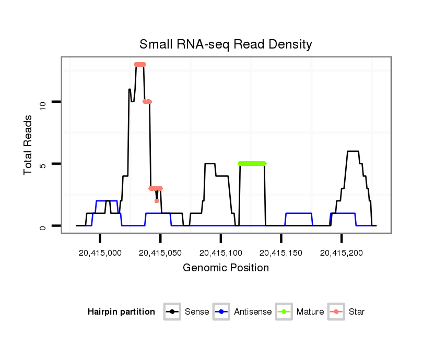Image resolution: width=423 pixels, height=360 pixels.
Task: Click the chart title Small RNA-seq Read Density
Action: (226, 44)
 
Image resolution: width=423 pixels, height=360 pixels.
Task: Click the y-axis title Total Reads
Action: (29, 145)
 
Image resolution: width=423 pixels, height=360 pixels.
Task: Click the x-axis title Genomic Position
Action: (226, 268)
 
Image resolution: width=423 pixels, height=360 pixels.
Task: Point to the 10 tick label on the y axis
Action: (43, 102)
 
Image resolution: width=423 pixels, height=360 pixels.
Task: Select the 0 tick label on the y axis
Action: (43, 226)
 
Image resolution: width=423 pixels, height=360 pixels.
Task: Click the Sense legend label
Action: (197, 312)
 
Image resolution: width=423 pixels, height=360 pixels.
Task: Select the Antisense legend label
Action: (253, 312)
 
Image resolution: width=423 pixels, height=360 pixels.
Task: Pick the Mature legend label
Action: (310, 312)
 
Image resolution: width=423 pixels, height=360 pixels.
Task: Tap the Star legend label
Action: (357, 312)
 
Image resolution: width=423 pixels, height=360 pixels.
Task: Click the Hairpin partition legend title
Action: (121, 312)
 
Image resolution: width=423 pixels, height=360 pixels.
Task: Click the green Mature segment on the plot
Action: (252, 164)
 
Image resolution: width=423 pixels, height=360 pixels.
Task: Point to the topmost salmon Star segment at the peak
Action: (139, 65)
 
